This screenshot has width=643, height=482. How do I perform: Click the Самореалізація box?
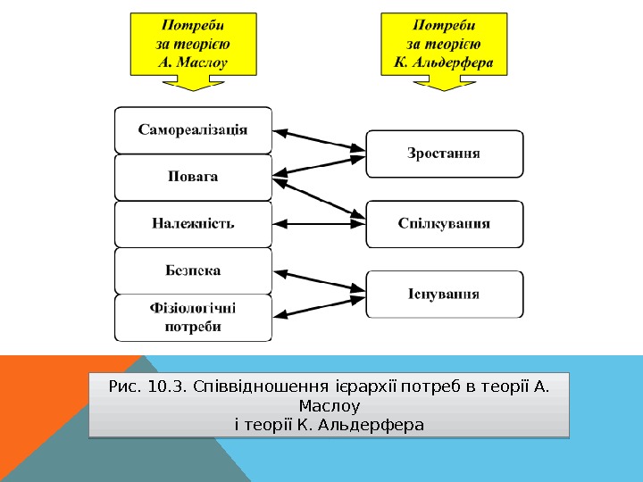(x=193, y=129)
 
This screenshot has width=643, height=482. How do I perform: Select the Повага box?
(x=193, y=177)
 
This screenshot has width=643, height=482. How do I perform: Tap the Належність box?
(x=193, y=223)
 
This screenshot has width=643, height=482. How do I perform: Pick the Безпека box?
(x=193, y=270)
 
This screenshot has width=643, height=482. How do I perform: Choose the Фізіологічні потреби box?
(x=193, y=318)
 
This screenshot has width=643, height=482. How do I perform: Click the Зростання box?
(x=444, y=154)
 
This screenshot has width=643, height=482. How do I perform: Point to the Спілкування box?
(x=444, y=224)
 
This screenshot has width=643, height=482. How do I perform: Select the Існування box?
(x=444, y=294)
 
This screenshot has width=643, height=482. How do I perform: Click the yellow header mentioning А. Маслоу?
(x=193, y=43)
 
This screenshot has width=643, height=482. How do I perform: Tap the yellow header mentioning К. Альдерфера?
(x=444, y=43)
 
